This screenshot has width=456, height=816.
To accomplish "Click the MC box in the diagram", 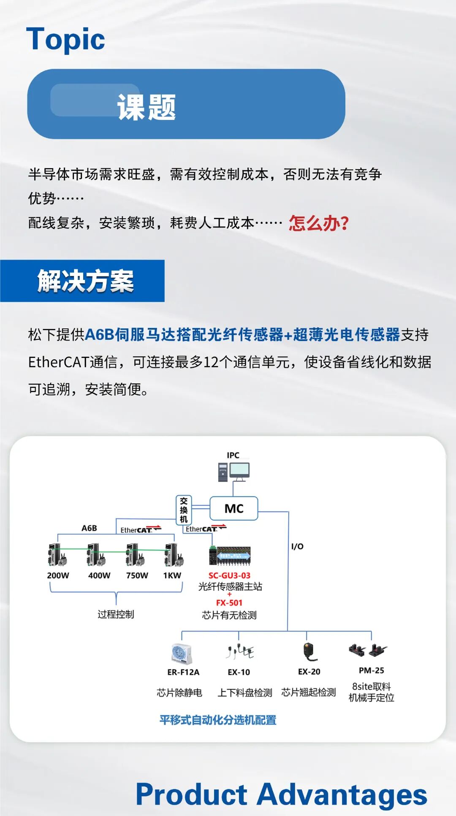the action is point(234,509).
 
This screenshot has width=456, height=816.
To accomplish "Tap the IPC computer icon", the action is point(234,472).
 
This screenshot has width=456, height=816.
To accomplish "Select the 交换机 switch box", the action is point(184,510).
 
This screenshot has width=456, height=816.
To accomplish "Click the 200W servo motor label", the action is point(58,575).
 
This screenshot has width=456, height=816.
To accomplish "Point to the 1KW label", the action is point(172,575).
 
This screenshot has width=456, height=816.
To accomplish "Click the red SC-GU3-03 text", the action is point(229,575).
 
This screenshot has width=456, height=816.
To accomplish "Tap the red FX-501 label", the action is point(229,603).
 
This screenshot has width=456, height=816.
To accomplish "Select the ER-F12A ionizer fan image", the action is point(182,653).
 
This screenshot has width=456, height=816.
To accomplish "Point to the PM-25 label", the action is point(371,670).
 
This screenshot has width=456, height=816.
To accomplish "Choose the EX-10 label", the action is point(239,672).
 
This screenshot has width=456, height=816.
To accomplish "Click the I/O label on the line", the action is point(297,546).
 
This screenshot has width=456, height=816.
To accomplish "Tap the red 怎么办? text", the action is point(319,223).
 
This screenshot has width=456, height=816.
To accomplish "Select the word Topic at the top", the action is point(65,39).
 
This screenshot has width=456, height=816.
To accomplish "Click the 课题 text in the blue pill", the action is point(147,107).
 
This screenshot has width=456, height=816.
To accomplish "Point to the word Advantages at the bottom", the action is point(342,794).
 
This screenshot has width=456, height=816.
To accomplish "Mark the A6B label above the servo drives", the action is point(89,528).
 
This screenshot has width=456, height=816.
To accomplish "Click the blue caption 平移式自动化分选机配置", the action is point(218,720).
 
